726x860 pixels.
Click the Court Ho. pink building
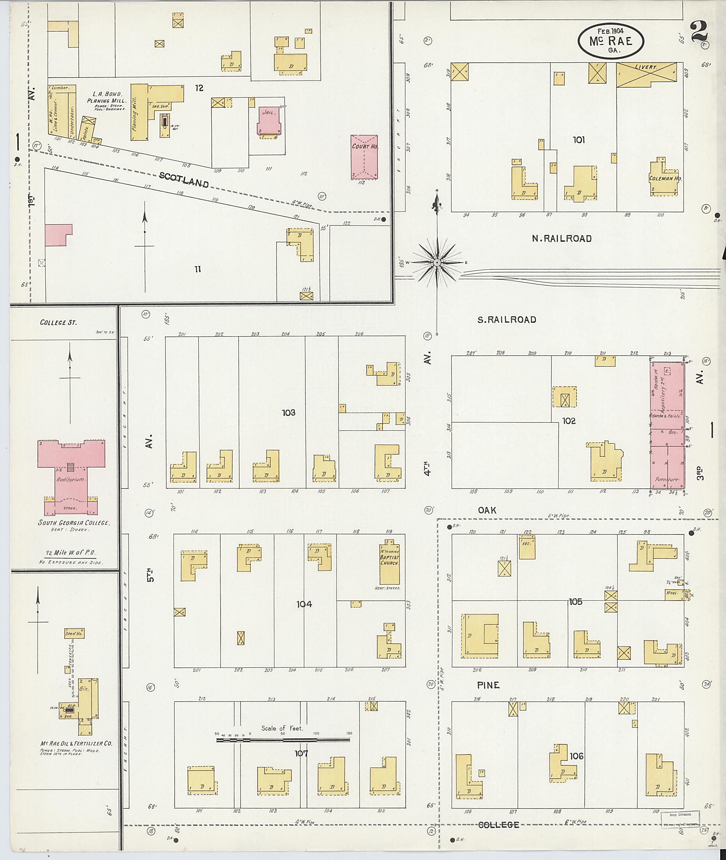(364, 157)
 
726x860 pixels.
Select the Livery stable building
(646, 74)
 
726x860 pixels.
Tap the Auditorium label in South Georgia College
(71, 479)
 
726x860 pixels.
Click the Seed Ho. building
(74, 633)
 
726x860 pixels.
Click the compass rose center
(437, 262)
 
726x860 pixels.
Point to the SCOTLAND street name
(184, 180)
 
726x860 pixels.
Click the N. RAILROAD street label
(562, 238)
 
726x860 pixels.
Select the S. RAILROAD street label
(507, 320)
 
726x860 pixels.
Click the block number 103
(289, 412)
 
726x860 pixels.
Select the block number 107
(301, 753)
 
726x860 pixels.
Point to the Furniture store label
(667, 480)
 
